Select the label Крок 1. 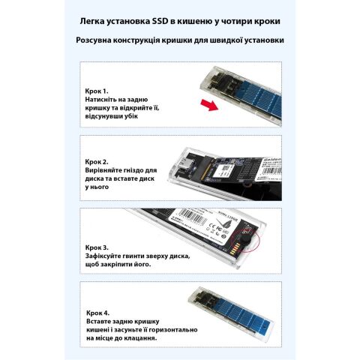(x=97, y=90)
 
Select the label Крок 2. (x=97, y=161)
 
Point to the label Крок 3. (x=97, y=247)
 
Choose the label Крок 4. (x=97, y=311)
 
